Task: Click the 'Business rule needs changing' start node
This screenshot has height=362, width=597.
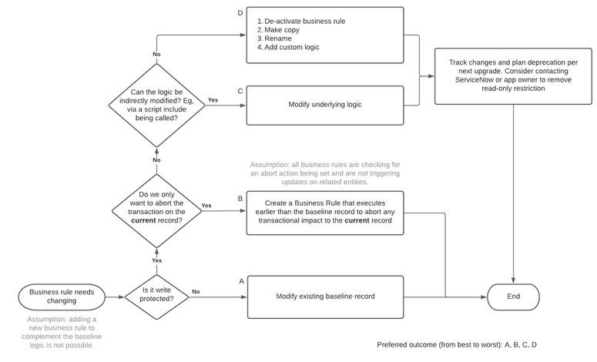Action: pyautogui.click(x=62, y=297)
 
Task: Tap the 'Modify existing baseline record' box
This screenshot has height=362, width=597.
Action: pyautogui.click(x=325, y=297)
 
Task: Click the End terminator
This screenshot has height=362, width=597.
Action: pyautogui.click(x=513, y=297)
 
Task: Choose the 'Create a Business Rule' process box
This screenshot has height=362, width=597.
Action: pyautogui.click(x=325, y=213)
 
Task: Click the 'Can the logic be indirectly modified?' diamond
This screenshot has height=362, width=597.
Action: pyautogui.click(x=157, y=105)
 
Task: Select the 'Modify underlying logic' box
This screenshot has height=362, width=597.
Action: pyautogui.click(x=325, y=105)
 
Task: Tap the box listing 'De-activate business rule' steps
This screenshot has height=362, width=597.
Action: pyautogui.click(x=325, y=35)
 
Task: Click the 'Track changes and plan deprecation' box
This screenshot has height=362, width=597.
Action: pyautogui.click(x=512, y=76)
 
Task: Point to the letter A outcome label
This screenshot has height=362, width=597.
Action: pyautogui.click(x=241, y=281)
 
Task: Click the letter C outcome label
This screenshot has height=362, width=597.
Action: pyautogui.click(x=240, y=91)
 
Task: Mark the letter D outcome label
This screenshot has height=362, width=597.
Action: pyautogui.click(x=240, y=13)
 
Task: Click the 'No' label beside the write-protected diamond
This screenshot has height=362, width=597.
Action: pyautogui.click(x=196, y=292)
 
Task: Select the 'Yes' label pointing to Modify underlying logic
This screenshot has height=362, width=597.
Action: pyautogui.click(x=213, y=100)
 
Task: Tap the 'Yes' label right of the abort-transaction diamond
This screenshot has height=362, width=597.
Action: pyautogui.click(x=206, y=206)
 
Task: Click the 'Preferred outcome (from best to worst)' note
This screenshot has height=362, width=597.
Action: pyautogui.click(x=457, y=344)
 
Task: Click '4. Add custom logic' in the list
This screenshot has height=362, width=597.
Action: pyautogui.click(x=288, y=48)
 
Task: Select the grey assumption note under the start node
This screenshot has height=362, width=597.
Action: pyautogui.click(x=64, y=332)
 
